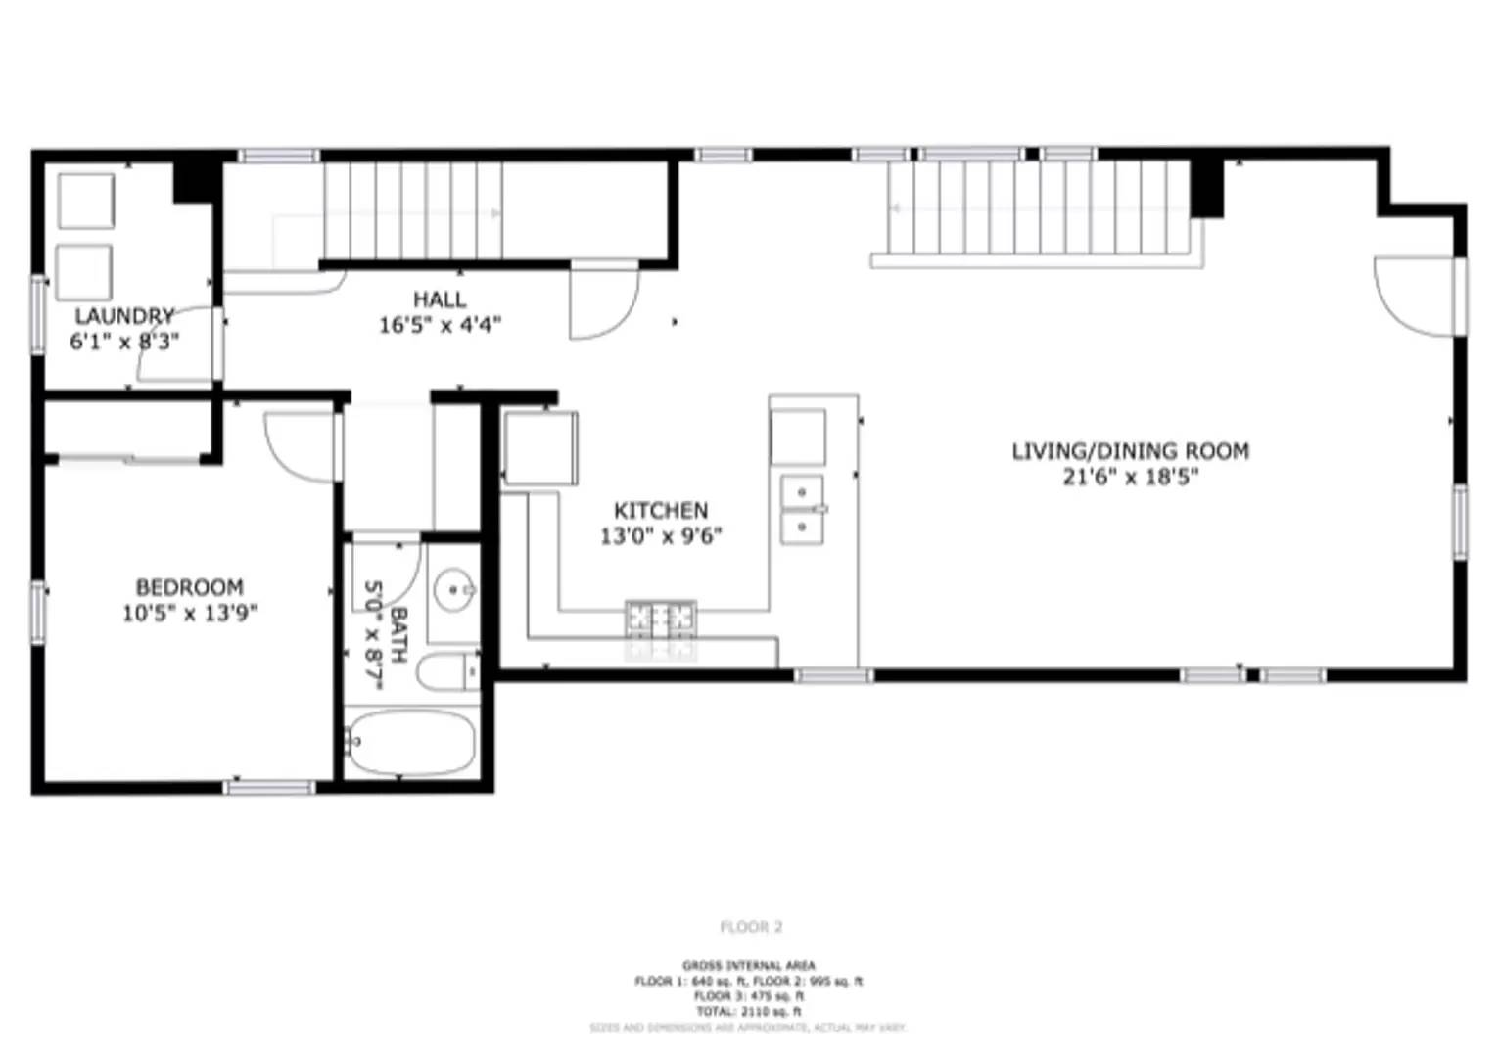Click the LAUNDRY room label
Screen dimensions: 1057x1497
[124, 316]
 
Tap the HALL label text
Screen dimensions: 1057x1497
[440, 299]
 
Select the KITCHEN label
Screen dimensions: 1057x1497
[661, 510]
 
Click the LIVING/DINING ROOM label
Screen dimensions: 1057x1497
[1130, 451]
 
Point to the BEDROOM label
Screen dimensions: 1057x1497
[189, 587]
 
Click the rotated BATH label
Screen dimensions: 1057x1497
[398, 635]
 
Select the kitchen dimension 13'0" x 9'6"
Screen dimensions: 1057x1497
[661, 536]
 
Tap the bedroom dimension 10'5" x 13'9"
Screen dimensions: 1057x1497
[189, 614]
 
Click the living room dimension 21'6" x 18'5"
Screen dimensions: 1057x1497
[1130, 478]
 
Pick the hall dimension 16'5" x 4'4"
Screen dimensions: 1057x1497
[440, 325]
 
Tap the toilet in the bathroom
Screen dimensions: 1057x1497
[448, 672]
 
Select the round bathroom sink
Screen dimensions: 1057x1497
[454, 590]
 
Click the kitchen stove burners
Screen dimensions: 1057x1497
[661, 619]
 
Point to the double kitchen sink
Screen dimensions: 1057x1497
[802, 509]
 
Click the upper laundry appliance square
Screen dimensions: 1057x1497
[86, 201]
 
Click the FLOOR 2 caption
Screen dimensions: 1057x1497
[751, 927]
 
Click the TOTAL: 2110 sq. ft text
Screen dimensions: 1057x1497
[748, 1011]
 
